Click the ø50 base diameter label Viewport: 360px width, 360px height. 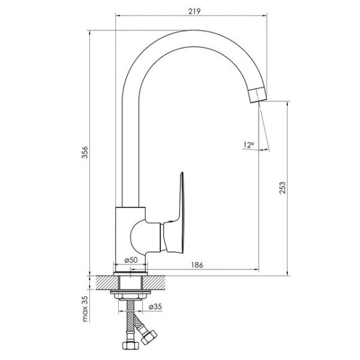tap(131, 259)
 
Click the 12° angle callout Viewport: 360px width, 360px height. tap(248, 145)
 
